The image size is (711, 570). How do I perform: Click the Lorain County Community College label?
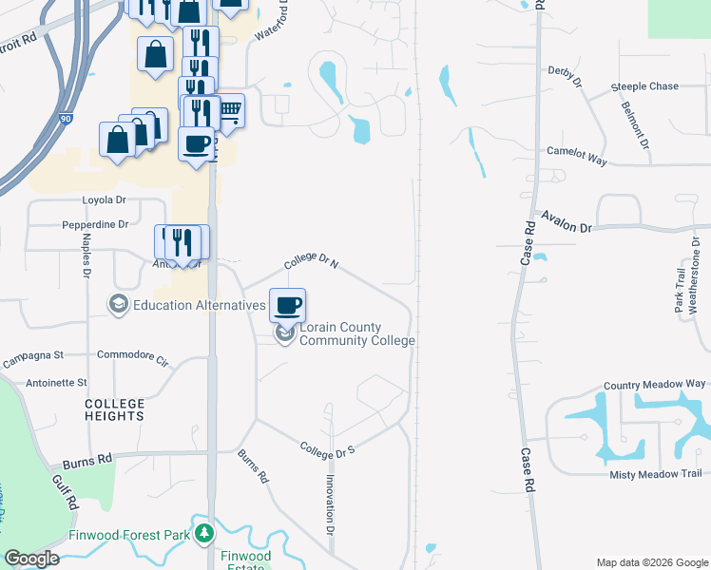(357, 333)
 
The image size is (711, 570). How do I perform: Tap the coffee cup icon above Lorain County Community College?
(288, 306)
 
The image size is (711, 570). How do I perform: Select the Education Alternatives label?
(199, 305)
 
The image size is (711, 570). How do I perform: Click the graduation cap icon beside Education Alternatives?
(119, 305)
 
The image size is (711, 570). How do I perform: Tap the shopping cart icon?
(229, 111)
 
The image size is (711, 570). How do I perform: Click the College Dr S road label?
(327, 448)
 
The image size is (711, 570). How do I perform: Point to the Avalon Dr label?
(567, 223)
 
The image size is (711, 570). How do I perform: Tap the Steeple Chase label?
(644, 86)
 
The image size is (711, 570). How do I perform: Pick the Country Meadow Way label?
(653, 384)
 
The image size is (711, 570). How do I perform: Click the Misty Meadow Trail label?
(655, 474)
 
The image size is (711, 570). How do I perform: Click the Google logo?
(31, 559)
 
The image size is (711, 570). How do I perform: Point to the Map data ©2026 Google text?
(651, 561)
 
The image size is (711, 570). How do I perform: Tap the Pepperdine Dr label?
(94, 225)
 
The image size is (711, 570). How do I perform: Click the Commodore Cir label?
(132, 360)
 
